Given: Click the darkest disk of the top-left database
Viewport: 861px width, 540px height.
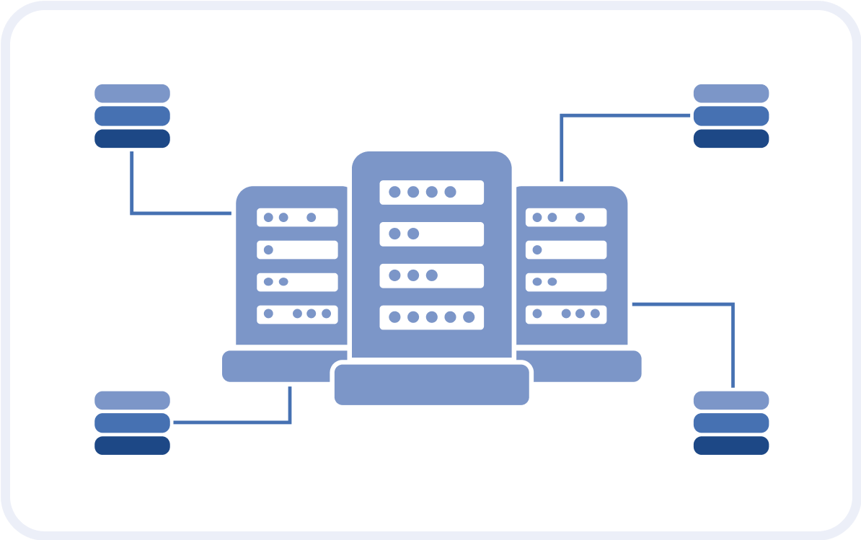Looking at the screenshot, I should tap(132, 138).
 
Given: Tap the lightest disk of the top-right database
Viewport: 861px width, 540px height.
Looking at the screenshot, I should tap(730, 93).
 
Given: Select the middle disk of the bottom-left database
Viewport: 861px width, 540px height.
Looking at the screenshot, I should tap(132, 422).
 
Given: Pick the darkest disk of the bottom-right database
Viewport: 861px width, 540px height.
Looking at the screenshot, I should tap(730, 446).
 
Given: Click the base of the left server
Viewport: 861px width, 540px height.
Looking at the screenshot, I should tap(274, 366).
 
